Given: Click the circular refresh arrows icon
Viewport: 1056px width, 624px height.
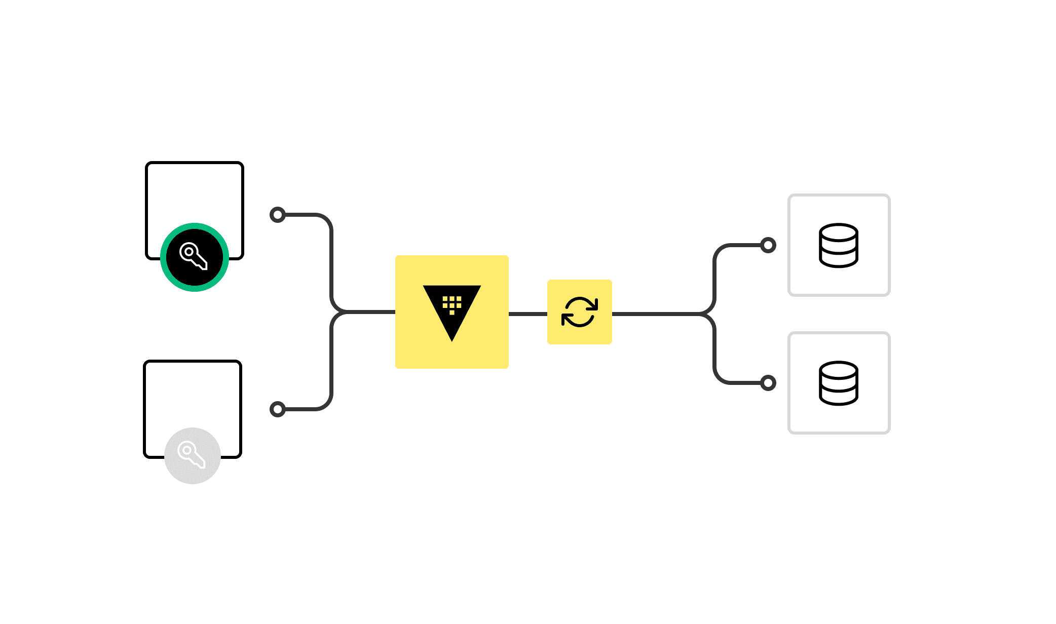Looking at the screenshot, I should [x=580, y=312].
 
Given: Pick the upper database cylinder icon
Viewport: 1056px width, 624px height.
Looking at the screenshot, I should [x=839, y=245].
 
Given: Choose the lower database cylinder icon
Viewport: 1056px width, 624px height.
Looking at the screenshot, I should [x=839, y=383].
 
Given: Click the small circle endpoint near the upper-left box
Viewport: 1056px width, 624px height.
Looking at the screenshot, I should [x=278, y=215].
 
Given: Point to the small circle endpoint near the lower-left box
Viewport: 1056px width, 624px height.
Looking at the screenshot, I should [x=278, y=409].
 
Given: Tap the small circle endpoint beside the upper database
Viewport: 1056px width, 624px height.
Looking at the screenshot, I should [x=768, y=245].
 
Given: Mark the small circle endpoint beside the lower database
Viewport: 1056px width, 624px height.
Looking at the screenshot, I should [x=768, y=383].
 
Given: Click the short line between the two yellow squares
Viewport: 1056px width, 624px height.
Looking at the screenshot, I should [x=527, y=314].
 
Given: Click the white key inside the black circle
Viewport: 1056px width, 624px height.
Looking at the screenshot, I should [x=194, y=256].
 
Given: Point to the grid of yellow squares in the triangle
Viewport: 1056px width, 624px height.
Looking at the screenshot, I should [x=452, y=304].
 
